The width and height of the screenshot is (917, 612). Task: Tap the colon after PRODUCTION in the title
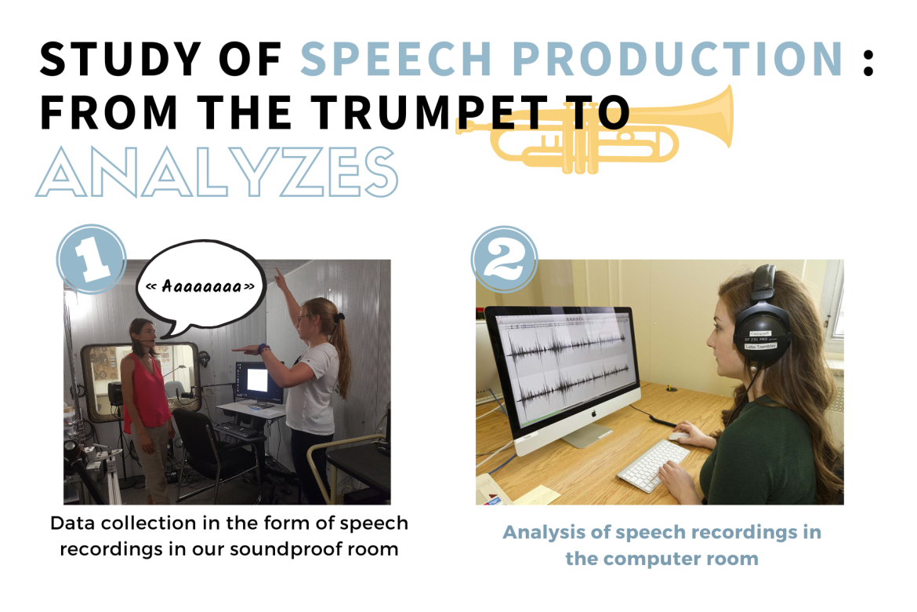point(868,60)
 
